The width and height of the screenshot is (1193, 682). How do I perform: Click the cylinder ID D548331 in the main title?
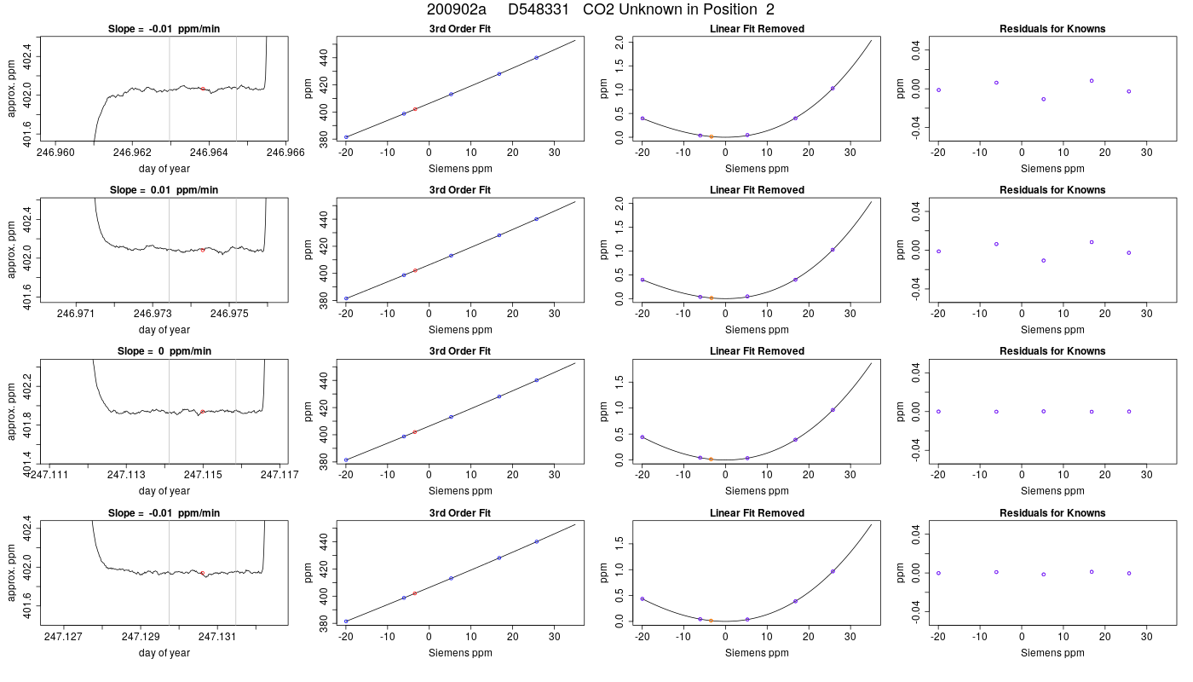(x=539, y=9)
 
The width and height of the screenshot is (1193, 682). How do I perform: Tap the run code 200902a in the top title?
(x=457, y=9)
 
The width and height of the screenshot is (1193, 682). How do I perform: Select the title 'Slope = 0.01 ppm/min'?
(x=164, y=190)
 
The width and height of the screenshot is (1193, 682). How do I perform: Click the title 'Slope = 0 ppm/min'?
(x=164, y=351)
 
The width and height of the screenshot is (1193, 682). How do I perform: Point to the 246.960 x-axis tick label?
(x=56, y=153)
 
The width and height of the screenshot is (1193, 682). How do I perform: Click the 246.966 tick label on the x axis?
(x=285, y=153)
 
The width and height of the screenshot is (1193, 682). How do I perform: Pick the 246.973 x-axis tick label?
(x=153, y=314)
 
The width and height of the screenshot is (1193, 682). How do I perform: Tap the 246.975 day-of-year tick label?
(x=229, y=314)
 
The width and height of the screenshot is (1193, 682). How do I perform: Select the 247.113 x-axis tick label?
(x=126, y=474)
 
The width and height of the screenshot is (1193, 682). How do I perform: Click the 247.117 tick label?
(x=280, y=474)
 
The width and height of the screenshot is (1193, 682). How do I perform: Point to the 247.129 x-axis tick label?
(x=141, y=636)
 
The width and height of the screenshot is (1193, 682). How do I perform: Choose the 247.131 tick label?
(x=217, y=636)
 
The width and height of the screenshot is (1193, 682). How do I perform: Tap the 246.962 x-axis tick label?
(x=133, y=153)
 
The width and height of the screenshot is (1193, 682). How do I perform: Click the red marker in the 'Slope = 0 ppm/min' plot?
(x=203, y=411)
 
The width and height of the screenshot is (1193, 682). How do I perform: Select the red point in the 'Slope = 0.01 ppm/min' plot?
(x=203, y=250)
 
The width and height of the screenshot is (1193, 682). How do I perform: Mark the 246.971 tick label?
(x=76, y=314)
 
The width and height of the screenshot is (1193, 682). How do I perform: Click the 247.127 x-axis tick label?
(x=63, y=636)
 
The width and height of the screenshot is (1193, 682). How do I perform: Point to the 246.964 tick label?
(x=210, y=153)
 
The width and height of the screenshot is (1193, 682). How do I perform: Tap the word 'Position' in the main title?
(x=730, y=9)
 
